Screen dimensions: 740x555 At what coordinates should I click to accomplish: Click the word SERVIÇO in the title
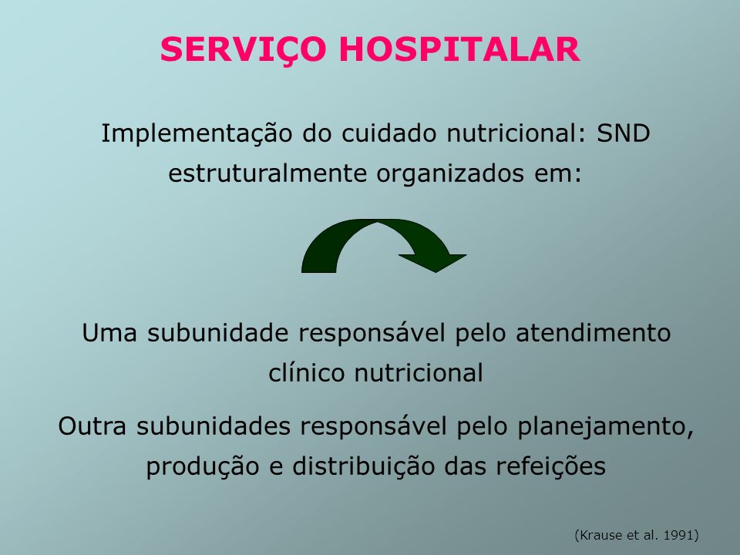[x=243, y=50]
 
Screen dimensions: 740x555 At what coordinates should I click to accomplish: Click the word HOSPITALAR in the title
[x=459, y=49]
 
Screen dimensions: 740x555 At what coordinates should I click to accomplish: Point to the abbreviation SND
[x=624, y=133]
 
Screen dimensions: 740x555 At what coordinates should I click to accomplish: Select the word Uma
[x=109, y=333]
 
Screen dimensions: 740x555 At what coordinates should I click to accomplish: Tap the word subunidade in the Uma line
[x=217, y=332]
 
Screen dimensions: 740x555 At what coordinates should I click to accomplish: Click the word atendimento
[x=593, y=332]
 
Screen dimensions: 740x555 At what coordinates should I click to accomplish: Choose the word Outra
[x=92, y=426]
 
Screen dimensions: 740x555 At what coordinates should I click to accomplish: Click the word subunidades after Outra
[x=214, y=425]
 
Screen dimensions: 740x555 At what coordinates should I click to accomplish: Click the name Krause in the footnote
[x=600, y=535]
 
